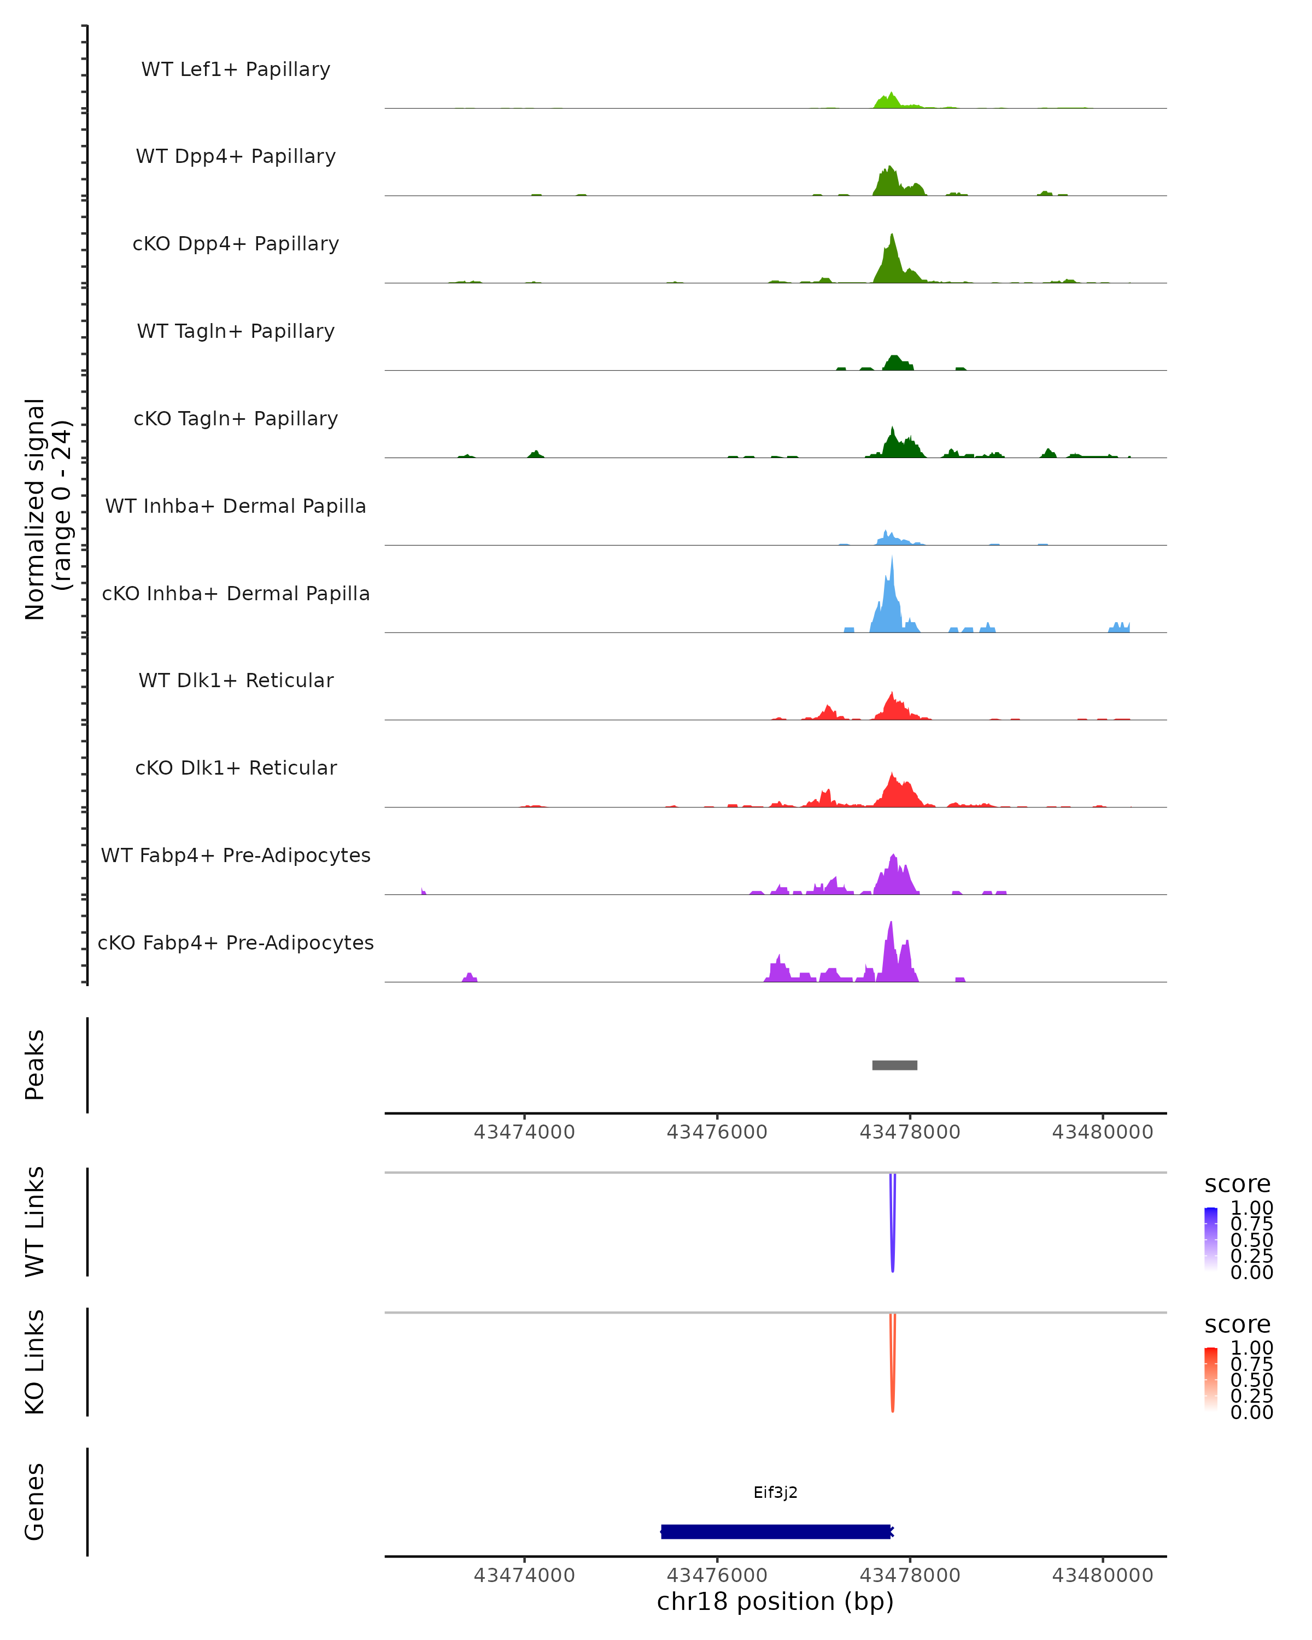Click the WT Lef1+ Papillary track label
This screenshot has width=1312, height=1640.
click(x=236, y=69)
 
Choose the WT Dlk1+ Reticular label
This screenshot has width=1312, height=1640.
click(x=236, y=680)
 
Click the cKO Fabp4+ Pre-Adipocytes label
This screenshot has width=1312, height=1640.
click(x=236, y=942)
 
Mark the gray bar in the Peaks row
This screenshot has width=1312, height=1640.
click(x=894, y=1065)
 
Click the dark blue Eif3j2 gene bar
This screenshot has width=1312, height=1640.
click(x=776, y=1531)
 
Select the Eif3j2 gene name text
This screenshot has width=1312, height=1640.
click(x=775, y=1492)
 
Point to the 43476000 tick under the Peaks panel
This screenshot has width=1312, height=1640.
click(x=717, y=1132)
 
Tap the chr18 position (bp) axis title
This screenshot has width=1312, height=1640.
click(x=775, y=1601)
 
